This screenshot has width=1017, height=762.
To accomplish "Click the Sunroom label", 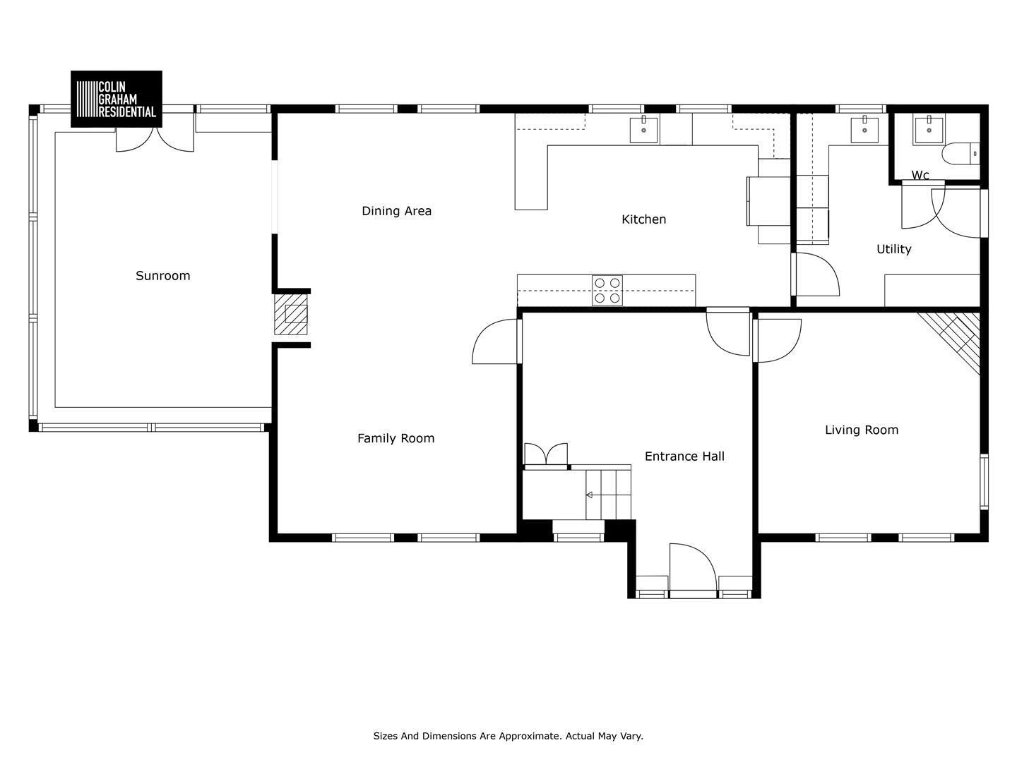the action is pyautogui.click(x=162, y=276).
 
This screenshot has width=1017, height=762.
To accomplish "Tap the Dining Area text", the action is pyautogui.click(x=396, y=211).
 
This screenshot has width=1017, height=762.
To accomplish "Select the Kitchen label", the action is pyautogui.click(x=643, y=219).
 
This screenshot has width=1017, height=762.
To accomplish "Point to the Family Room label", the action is pyautogui.click(x=395, y=438).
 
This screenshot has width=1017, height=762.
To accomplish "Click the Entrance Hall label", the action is pyautogui.click(x=684, y=456).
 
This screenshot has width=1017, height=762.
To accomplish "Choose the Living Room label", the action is pyautogui.click(x=862, y=430).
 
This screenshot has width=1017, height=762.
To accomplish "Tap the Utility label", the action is pyautogui.click(x=893, y=249).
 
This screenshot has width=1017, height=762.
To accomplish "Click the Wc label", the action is pyautogui.click(x=920, y=176).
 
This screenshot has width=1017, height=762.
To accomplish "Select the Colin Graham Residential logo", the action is pyautogui.click(x=117, y=99).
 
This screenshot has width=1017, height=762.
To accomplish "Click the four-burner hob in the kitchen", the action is pyautogui.click(x=607, y=290).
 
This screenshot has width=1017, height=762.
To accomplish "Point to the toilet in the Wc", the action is pyautogui.click(x=961, y=154).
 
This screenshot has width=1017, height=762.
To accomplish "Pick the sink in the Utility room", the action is pyautogui.click(x=864, y=129).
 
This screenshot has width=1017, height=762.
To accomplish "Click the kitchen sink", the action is pyautogui.click(x=643, y=129).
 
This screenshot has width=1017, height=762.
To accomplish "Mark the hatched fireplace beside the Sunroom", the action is pyautogui.click(x=291, y=314).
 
